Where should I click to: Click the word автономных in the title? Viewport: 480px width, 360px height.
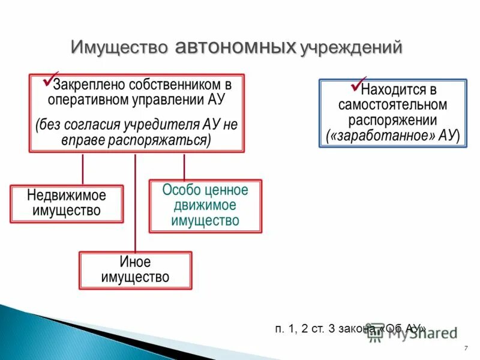[236, 47]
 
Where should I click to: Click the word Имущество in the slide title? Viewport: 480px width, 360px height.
[121, 47]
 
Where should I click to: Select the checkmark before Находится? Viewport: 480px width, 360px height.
[355, 85]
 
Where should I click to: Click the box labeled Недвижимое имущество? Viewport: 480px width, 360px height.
[67, 203]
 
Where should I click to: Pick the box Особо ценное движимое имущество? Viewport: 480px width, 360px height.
[205, 206]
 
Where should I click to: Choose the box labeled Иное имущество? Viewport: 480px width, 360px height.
[135, 270]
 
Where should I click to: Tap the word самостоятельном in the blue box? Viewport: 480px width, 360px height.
[392, 105]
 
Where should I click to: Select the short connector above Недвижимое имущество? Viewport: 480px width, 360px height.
[83, 169]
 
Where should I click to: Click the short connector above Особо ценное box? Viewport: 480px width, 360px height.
[184, 166]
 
